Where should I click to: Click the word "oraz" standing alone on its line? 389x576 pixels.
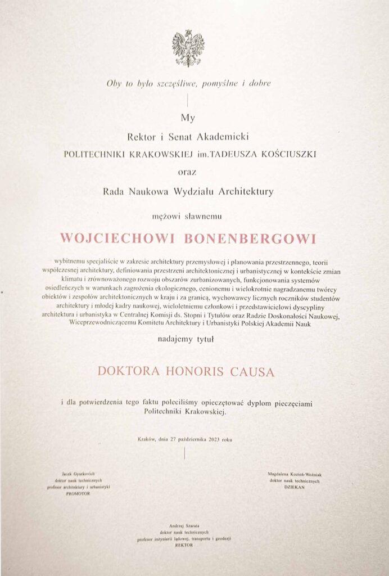point(188,171)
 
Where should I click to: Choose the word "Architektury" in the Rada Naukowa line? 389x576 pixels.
point(247,191)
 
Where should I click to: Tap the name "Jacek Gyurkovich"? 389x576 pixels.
point(79,474)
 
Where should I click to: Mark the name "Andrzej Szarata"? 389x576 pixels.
point(184,526)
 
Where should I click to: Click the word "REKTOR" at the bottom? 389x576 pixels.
point(184,544)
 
